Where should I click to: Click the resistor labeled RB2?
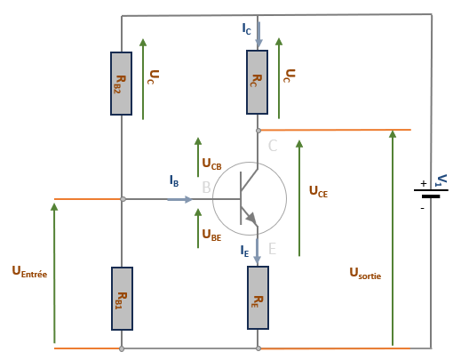(x=121, y=84)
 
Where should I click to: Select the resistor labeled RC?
(x=257, y=82)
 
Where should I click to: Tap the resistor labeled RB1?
(x=122, y=299)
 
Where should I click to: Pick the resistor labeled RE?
(x=258, y=298)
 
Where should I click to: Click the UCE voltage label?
(x=318, y=191)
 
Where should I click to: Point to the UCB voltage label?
(x=211, y=164)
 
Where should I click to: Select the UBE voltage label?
(x=211, y=235)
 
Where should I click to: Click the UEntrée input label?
(x=29, y=272)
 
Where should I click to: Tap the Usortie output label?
(x=365, y=273)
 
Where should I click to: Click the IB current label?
(x=174, y=180)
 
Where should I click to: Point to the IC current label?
(x=246, y=29)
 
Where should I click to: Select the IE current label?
(x=244, y=251)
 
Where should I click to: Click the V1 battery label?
(x=441, y=180)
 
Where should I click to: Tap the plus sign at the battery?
(x=423, y=183)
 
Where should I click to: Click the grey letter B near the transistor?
(x=206, y=188)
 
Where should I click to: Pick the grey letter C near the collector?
(x=273, y=146)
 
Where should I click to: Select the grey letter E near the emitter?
(x=272, y=249)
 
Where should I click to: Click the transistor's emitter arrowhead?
(x=252, y=219)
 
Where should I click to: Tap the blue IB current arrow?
(x=179, y=199)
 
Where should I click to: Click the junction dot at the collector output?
(x=258, y=131)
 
